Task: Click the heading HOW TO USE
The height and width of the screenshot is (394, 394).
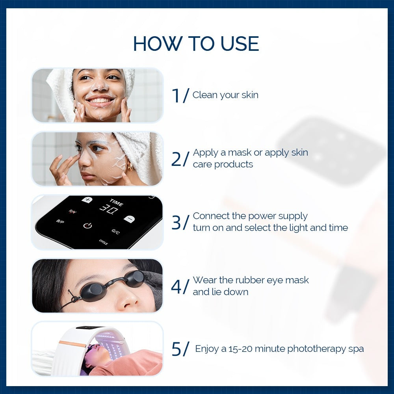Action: [196, 43]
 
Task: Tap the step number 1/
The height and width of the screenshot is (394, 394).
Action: [180, 96]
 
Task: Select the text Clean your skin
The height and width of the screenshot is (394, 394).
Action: [225, 95]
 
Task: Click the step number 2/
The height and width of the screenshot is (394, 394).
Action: [180, 159]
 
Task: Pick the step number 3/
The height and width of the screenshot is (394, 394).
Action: [180, 223]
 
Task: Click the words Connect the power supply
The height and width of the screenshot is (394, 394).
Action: [250, 216]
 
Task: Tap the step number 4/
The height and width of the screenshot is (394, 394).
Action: [180, 286]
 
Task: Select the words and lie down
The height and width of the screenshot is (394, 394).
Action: [221, 292]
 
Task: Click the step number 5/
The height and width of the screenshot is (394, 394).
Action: [180, 349]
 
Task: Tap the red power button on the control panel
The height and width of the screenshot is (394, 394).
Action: [87, 225]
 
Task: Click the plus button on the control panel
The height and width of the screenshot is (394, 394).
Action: [87, 200]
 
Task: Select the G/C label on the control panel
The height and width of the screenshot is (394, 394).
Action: [115, 232]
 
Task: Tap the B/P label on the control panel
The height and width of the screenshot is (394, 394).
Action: [60, 221]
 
